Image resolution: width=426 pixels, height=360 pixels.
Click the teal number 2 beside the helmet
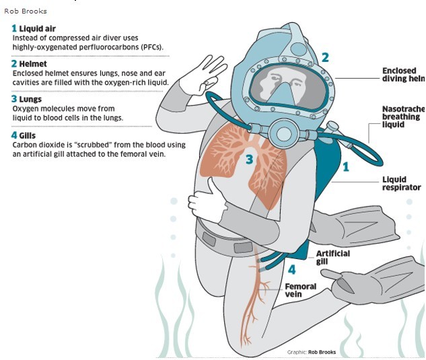pyautogui.click(x=325, y=58)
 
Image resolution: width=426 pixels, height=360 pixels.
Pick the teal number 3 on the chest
pyautogui.click(x=249, y=159)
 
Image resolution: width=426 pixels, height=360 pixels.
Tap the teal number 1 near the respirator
pyautogui.click(x=346, y=166)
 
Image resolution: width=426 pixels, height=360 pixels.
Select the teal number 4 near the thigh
pyautogui.click(x=291, y=270)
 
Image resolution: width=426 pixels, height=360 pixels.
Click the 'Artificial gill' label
pyautogui.click(x=332, y=258)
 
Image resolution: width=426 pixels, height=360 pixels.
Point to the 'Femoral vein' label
pyautogui.click(x=300, y=291)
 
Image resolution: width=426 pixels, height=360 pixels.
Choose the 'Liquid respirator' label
pyautogui.click(x=402, y=184)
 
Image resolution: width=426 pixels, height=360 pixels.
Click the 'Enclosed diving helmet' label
pyautogui.click(x=402, y=75)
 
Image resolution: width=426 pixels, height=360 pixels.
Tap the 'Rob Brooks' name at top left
pyautogui.click(x=25, y=11)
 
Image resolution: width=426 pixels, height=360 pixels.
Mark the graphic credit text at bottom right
pyautogui.click(x=311, y=352)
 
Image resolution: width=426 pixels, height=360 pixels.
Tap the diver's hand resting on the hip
pyautogui.click(x=203, y=199)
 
